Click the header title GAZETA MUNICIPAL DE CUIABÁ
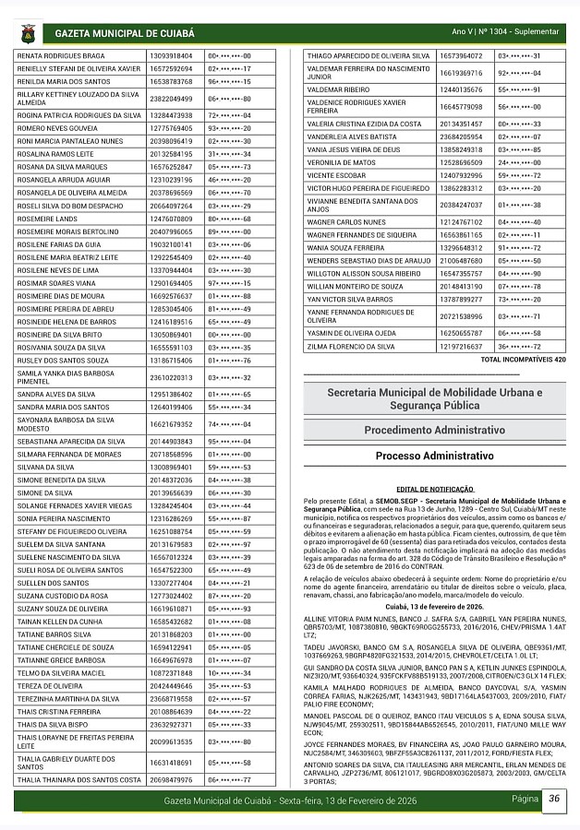click(125, 33)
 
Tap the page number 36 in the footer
click(553, 799)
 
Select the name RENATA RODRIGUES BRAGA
click(62, 56)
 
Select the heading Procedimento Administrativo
click(434, 430)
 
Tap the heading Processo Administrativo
click(434, 456)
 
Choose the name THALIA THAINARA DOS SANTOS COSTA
click(79, 780)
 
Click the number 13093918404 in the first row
click(171, 56)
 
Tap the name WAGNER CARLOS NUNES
click(346, 222)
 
